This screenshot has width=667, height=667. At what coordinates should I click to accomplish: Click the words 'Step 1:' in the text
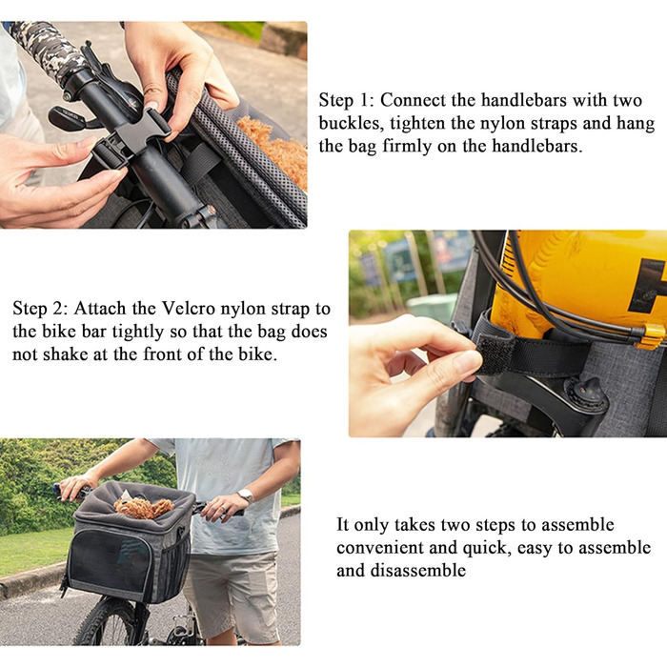coord(345,100)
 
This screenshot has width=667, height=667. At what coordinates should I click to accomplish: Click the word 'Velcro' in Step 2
coord(189,309)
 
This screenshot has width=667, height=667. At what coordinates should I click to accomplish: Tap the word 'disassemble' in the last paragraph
coord(417,571)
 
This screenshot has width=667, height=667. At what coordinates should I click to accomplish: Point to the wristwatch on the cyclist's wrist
coord(246,496)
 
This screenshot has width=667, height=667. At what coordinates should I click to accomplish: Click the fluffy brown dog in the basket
coord(144,507)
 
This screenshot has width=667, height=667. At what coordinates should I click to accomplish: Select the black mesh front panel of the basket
coord(110,558)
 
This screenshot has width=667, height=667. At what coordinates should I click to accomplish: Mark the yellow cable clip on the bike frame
coord(650,336)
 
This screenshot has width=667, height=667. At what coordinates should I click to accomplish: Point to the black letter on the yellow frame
coord(648,285)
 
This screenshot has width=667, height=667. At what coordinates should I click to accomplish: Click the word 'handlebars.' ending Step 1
coord(536,147)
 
